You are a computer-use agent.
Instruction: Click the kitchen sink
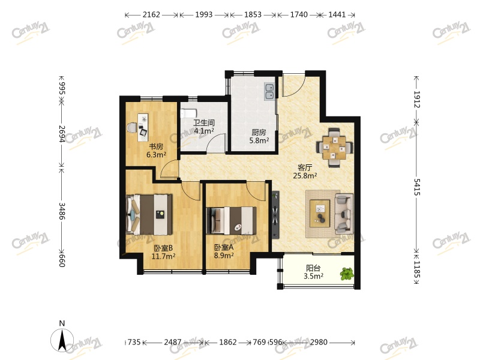pos(269,91)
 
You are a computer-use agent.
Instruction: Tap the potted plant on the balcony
pos(347,274)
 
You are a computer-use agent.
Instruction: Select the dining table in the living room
pos(334,148)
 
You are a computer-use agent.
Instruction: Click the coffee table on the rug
pos(320,214)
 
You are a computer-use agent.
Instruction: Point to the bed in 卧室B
pos(149,214)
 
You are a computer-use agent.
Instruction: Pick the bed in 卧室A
pos(232,220)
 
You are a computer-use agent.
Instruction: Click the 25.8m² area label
pos(305,176)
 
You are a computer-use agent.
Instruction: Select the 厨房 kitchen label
pos(259,132)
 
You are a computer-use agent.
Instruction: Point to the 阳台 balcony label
pos(313,268)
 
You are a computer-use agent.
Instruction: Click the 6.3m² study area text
pos(156,155)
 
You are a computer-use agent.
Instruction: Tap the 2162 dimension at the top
pos(151,14)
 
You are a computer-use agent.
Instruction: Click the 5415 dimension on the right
pos(416,187)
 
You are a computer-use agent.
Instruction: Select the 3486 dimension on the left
pos(62,211)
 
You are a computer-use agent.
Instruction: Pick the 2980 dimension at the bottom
pos(319,342)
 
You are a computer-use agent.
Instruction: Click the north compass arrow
pos(62,340)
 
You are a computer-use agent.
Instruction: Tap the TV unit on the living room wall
pos(275,215)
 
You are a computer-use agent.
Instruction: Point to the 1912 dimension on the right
pos(416,100)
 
